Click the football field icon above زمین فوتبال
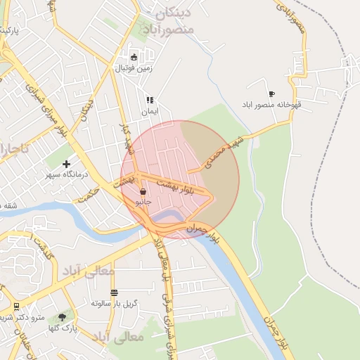[134, 58]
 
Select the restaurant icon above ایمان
[149, 100]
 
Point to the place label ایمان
[150, 111]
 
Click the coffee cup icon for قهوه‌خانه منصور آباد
[271, 94]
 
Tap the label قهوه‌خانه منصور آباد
[271, 104]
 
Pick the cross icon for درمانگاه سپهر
[67, 164]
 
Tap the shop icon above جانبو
[143, 191]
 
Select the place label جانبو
[143, 201]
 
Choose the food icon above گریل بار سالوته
[114, 292]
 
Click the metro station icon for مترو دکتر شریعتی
[16, 307]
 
